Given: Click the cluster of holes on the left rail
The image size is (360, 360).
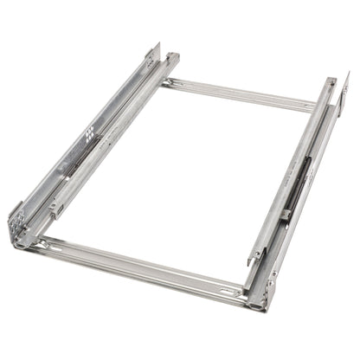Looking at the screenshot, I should tap(88, 133).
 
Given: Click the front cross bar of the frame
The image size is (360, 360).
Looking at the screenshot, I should tap(138, 264).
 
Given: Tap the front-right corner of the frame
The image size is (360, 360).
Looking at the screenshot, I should tap(260, 299).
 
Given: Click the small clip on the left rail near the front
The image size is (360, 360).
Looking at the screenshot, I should tap(57, 208).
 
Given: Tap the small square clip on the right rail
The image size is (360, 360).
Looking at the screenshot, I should tap(285, 214).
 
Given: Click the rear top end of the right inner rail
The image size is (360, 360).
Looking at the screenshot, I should tap(331, 82).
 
